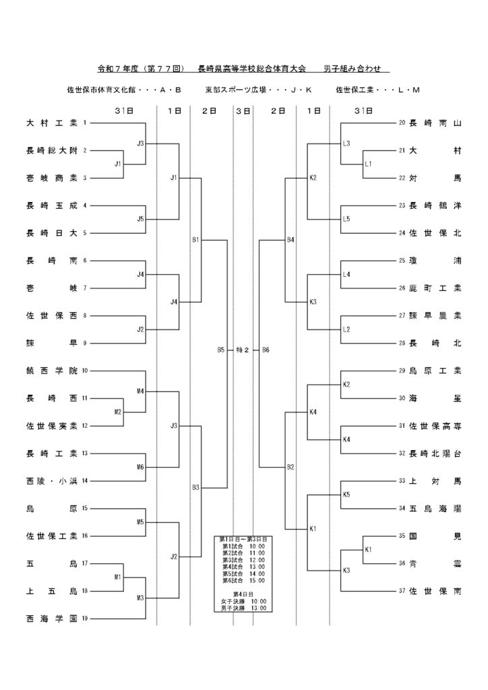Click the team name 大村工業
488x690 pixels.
tap(51, 123)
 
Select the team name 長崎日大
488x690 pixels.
tap(51, 233)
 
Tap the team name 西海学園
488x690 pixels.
tap(51, 619)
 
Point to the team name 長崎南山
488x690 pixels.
tap(435, 123)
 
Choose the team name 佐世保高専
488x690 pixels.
tap(435, 426)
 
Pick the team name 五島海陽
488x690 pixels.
tap(435, 509)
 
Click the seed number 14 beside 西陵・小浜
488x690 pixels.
tap(85, 481)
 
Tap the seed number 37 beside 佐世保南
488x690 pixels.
tap(402, 591)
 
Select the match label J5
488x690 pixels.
tap(140, 219)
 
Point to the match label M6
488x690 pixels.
tap(140, 467)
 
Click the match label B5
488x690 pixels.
tap(221, 350)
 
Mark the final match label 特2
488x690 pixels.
tap(243, 350)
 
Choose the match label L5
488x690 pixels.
tap(346, 219)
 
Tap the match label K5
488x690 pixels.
tap(346, 495)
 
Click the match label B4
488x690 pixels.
tap(291, 240)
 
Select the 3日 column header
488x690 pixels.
tap(243, 111)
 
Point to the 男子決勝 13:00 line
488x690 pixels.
tap(243, 608)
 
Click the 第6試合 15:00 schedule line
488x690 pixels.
tap(243, 580)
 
